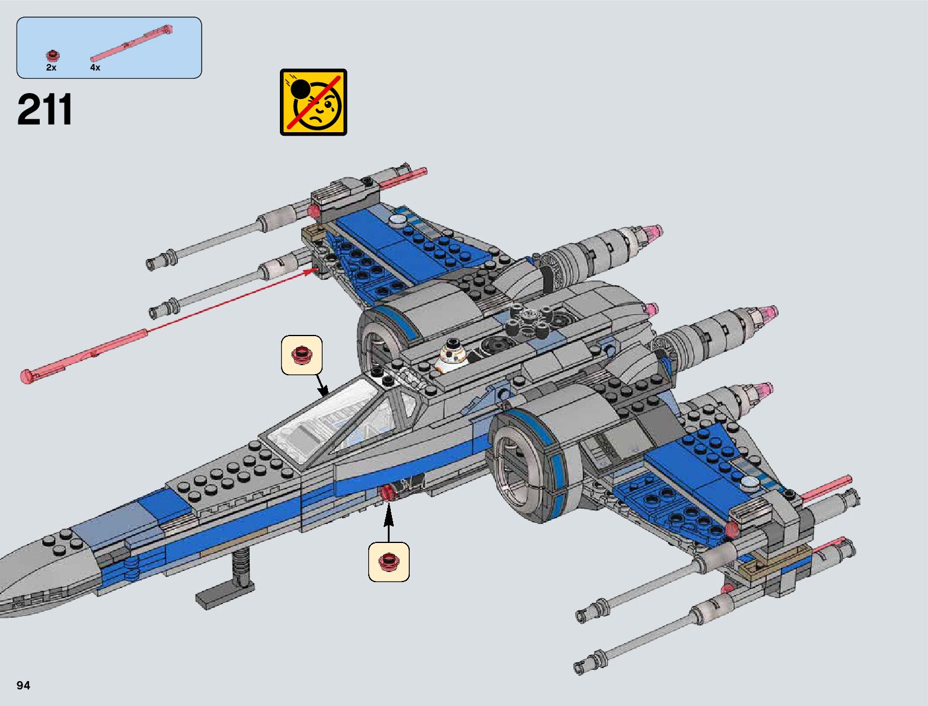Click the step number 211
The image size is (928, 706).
point(45,110)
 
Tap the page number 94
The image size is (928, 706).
point(23,685)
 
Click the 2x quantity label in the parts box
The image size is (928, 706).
point(51,68)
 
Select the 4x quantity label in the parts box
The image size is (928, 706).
point(95,68)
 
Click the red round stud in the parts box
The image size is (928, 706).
point(53,56)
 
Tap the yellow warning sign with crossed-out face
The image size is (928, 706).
point(313,102)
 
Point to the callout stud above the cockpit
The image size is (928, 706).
point(302,354)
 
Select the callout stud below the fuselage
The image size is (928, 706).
point(389,561)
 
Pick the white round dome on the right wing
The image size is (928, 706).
point(751,483)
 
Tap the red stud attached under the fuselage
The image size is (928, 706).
point(389,492)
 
